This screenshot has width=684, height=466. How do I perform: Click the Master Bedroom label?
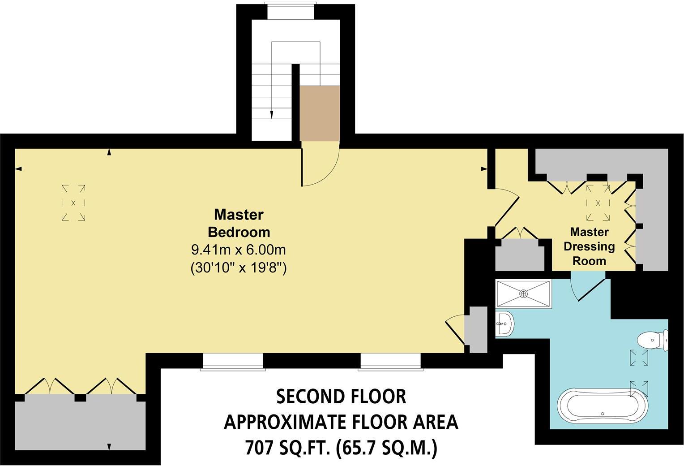pos(239,223)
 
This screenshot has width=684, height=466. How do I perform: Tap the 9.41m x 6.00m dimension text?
pos(239,249)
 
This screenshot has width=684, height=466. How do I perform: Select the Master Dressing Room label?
pos(589,246)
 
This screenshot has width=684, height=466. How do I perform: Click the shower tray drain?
pos(524,293)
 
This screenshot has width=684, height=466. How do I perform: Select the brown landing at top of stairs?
pos(320,113)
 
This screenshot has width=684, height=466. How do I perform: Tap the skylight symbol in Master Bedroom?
pos(73,203)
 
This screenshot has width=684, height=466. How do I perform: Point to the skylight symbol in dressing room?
pos(598,203)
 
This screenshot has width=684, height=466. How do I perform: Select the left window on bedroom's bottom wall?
pos(233,362)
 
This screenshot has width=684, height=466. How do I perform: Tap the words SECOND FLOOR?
pos(341,397)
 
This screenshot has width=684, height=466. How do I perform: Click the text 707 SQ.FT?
pos(287,448)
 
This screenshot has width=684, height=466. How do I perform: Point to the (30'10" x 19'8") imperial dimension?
pos(239,268)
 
